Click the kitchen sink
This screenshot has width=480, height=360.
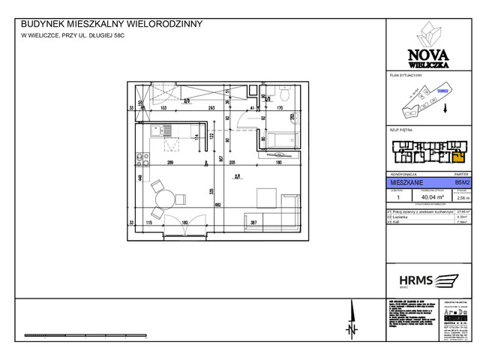click(x=161, y=130)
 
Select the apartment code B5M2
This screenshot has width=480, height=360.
click(x=462, y=181)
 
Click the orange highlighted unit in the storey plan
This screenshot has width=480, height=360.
click(x=457, y=156)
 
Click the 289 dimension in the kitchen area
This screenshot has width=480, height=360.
click(x=170, y=163)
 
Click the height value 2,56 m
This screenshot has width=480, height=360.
click(x=462, y=199)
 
